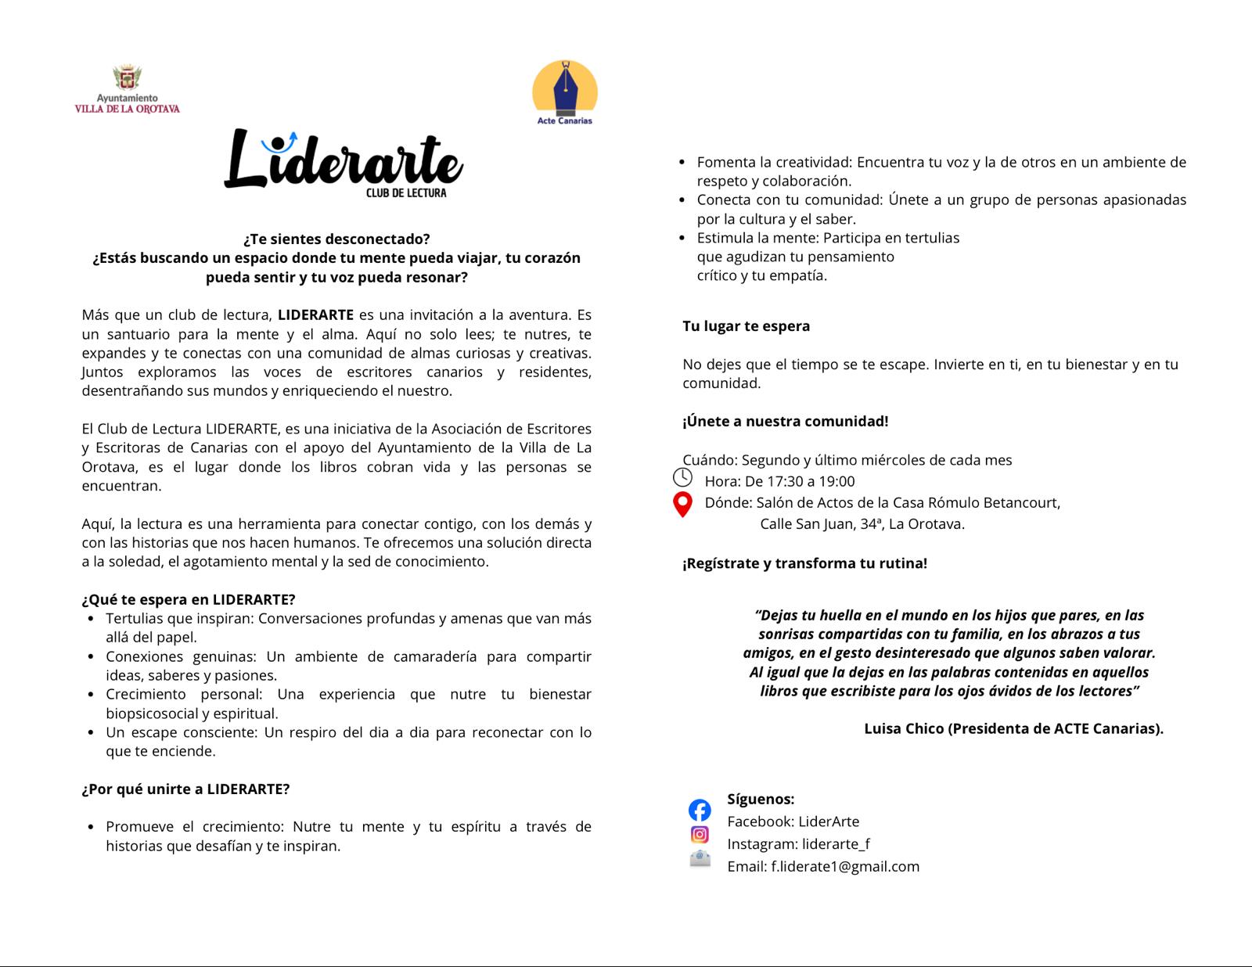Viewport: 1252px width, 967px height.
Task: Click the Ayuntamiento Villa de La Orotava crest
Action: (127, 78)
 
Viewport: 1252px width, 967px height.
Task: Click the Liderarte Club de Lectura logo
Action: (344, 161)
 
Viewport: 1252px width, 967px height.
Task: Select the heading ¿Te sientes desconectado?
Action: (336, 239)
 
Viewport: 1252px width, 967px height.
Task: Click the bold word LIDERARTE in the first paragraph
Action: (315, 315)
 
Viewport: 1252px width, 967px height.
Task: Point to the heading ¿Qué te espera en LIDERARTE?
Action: (189, 599)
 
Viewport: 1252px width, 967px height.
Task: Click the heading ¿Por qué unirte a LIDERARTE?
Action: (185, 789)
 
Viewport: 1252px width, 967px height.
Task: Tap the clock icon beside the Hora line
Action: (682, 477)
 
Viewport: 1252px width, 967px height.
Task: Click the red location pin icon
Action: (682, 505)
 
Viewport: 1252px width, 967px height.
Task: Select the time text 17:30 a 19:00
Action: (810, 481)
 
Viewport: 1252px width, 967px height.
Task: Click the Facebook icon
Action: (700, 810)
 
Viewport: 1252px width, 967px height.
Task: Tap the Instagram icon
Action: (700, 835)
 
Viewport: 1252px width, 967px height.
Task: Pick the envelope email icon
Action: (700, 859)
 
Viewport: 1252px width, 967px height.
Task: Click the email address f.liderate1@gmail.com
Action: (845, 866)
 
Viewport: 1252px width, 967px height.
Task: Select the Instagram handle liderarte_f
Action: (836, 843)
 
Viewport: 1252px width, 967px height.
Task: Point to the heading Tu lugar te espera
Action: (746, 326)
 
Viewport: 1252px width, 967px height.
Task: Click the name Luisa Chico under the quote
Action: (903, 728)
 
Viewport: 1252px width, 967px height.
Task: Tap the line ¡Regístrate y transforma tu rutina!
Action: (804, 563)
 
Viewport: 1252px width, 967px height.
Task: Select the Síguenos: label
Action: (761, 799)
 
